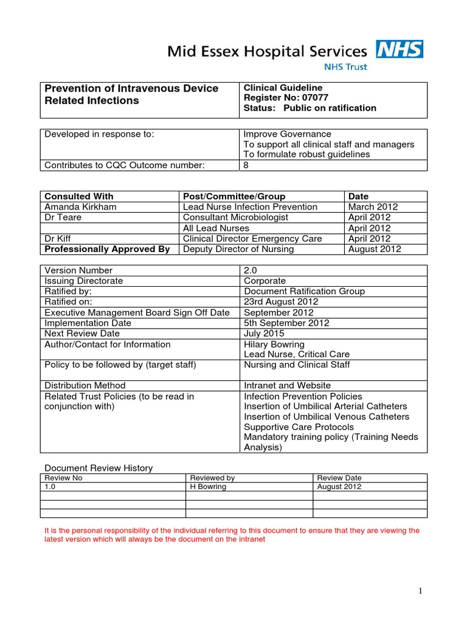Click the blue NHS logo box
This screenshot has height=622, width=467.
tap(400, 49)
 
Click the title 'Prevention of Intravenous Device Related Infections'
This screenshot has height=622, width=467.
tap(131, 95)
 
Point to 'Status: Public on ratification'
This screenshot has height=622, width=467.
tap(310, 108)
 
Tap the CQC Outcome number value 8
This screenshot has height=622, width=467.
tap(246, 165)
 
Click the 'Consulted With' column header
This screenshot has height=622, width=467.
tap(79, 196)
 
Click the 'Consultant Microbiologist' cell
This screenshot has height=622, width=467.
tap(235, 217)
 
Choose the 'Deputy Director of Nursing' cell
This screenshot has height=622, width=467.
tap(238, 249)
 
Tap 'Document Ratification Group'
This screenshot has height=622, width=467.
tap(304, 291)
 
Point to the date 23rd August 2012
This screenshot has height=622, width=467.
tap(281, 302)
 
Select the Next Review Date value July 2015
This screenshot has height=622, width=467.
tap(264, 333)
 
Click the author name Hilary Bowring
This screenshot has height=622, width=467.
tap(274, 344)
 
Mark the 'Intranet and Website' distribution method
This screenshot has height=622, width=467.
tap(287, 385)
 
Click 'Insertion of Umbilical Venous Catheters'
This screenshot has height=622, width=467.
tap(327, 417)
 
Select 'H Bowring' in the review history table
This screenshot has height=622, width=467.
tap(208, 487)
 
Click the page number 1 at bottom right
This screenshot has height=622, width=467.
tap(420, 592)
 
